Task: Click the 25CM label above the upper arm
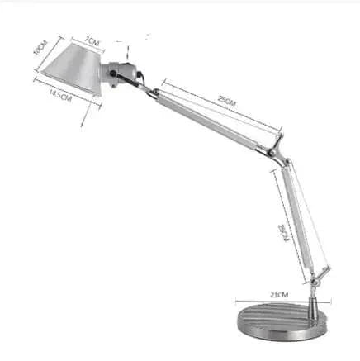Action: [x=226, y=101]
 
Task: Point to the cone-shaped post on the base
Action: [x=316, y=311]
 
